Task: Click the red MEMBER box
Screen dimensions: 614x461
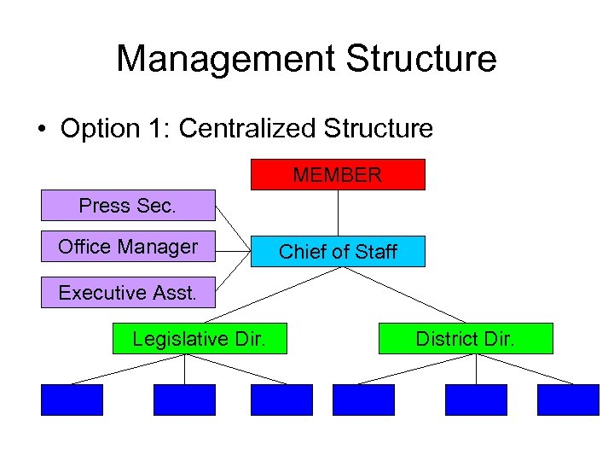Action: click(338, 175)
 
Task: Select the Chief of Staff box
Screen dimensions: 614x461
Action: click(338, 252)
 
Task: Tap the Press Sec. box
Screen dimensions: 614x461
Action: click(128, 206)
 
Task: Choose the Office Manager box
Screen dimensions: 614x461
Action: click(128, 248)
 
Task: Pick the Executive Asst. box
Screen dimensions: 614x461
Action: click(128, 293)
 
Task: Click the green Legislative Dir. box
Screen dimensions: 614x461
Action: click(199, 339)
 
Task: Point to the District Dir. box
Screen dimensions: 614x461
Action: click(466, 339)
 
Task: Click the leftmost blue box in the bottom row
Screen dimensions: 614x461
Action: click(72, 400)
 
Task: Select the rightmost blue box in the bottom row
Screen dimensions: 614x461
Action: click(568, 400)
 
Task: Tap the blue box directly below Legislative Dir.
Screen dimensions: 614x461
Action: click(184, 400)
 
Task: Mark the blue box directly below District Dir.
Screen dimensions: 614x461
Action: click(476, 400)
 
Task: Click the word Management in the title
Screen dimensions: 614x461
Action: click(224, 59)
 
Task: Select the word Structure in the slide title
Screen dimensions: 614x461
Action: click(421, 59)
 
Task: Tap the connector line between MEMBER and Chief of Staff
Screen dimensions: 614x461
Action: click(339, 213)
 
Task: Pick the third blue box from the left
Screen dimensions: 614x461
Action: click(281, 400)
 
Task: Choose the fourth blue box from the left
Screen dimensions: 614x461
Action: click(363, 400)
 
